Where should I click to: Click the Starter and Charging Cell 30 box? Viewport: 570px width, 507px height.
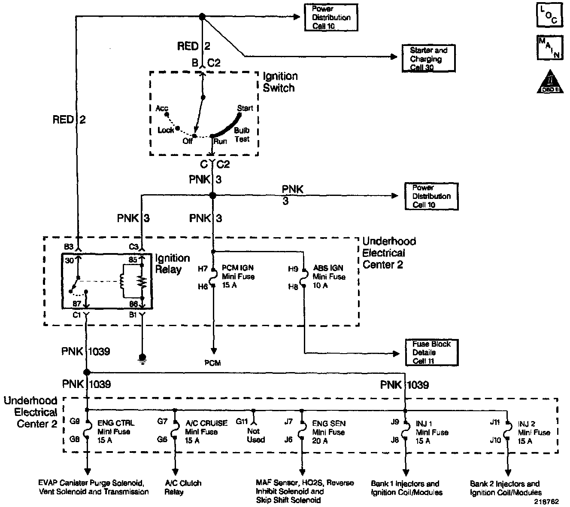pyautogui.click(x=428, y=58)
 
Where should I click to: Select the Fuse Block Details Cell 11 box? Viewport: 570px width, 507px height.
pyautogui.click(x=432, y=352)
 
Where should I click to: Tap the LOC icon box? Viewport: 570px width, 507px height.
pyautogui.click(x=549, y=15)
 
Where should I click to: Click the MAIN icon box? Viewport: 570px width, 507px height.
pyautogui.click(x=550, y=48)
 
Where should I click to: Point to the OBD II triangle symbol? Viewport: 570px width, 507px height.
pyautogui.click(x=550, y=82)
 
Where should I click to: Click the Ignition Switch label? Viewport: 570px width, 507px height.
pyautogui.click(x=280, y=82)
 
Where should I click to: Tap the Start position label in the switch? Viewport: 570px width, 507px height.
pyautogui.click(x=245, y=108)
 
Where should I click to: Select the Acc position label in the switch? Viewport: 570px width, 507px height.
pyautogui.click(x=162, y=108)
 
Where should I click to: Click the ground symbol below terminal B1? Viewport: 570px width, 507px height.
pyautogui.click(x=142, y=359)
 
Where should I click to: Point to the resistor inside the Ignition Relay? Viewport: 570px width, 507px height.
pyautogui.click(x=142, y=282)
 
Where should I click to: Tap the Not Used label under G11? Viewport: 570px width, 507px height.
pyautogui.click(x=256, y=435)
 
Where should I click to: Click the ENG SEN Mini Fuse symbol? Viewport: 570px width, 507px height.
pyautogui.click(x=302, y=431)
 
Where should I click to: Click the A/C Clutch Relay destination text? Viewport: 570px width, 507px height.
pyautogui.click(x=183, y=487)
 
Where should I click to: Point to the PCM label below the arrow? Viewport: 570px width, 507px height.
pyautogui.click(x=213, y=363)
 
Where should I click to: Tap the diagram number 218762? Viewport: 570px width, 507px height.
pyautogui.click(x=546, y=501)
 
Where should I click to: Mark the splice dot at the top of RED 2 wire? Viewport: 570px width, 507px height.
pyautogui.click(x=202, y=17)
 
